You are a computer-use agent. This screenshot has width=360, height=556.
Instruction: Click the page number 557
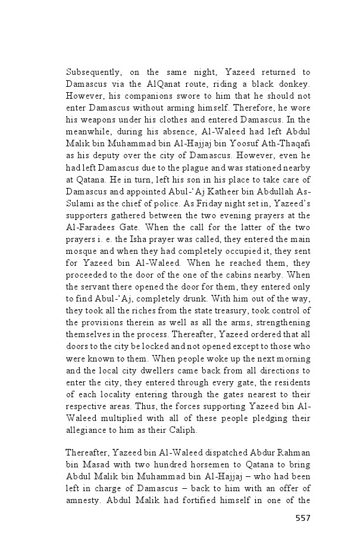click(302, 517)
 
